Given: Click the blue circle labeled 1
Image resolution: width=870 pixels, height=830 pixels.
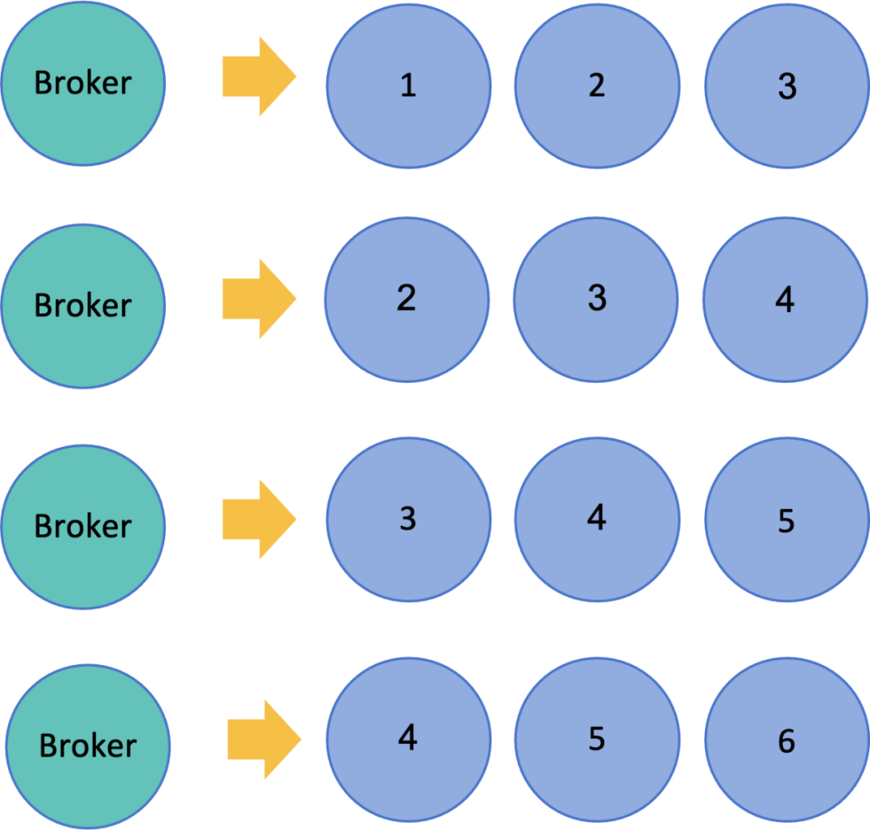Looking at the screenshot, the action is (x=408, y=86).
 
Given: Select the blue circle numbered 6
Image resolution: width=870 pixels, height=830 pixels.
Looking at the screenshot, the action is (x=787, y=740).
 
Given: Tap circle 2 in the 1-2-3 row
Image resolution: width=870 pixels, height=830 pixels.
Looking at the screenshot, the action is (x=598, y=86).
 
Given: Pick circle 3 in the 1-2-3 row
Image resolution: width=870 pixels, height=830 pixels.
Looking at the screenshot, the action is (x=787, y=86).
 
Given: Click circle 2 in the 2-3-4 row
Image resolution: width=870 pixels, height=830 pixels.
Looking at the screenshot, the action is (x=407, y=300).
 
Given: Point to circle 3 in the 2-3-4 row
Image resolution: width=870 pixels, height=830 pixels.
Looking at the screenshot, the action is (x=596, y=300).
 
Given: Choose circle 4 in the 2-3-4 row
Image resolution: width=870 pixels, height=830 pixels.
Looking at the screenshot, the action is (x=785, y=300).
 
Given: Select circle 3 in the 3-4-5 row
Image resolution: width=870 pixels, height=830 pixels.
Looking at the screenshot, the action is (x=408, y=520).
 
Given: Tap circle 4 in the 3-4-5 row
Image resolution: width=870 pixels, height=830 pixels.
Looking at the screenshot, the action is (x=598, y=520).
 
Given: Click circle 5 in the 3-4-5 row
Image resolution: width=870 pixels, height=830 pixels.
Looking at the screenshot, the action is (x=787, y=520).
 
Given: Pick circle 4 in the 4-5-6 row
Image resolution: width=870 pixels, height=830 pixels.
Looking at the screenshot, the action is (x=408, y=740).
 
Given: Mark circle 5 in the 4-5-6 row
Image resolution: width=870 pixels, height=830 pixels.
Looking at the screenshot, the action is (x=598, y=740).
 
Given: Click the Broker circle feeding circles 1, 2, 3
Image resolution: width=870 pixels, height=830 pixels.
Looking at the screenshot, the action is (x=83, y=83).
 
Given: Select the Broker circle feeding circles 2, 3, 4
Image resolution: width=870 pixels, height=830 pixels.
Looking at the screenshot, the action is (x=83, y=306).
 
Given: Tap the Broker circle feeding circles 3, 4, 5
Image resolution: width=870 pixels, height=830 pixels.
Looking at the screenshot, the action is (x=83, y=527).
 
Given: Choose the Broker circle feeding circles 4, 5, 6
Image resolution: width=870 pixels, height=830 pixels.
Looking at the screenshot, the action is (x=88, y=747).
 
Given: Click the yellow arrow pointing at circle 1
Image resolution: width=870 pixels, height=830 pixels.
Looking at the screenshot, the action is (x=259, y=77).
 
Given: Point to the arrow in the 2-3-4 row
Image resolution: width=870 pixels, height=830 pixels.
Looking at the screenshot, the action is (x=259, y=299).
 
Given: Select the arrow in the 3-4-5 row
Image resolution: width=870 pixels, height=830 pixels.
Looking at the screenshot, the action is (x=259, y=520).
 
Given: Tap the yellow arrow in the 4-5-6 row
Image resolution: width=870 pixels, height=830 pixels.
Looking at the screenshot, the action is (x=264, y=740).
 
